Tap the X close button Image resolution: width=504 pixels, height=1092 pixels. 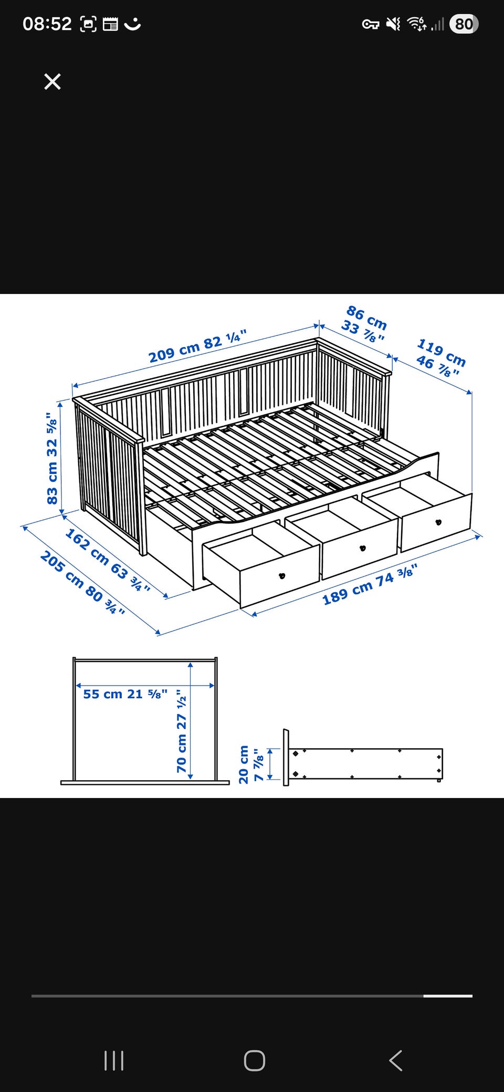(x=52, y=81)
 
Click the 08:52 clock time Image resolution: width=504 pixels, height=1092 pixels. (x=47, y=24)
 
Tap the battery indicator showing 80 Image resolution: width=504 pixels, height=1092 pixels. (x=464, y=24)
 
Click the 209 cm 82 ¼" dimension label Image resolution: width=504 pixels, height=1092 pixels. (x=197, y=346)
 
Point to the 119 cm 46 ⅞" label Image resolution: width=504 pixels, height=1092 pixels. (x=440, y=358)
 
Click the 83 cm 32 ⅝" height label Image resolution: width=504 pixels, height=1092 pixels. (x=52, y=458)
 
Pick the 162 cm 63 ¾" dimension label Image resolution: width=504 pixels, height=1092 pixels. (x=108, y=560)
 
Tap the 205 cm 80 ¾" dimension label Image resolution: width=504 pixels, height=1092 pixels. (x=83, y=582)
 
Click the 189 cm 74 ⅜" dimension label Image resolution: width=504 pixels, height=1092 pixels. (x=370, y=584)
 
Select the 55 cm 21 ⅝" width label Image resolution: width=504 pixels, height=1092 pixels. (x=125, y=694)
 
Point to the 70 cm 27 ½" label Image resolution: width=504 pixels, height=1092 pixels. (x=182, y=731)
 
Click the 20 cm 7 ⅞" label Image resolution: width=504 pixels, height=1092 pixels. (x=251, y=764)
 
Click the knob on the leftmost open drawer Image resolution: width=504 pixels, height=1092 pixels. (x=282, y=575)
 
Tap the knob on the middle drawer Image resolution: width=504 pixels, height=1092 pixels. (x=362, y=548)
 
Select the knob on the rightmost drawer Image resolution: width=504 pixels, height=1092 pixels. (x=438, y=522)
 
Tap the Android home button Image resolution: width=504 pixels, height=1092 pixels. (x=255, y=1060)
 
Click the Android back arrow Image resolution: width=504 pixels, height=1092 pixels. (x=396, y=1060)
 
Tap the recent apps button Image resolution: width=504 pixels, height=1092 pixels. (x=114, y=1060)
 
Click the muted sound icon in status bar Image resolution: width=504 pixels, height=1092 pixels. (x=393, y=24)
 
